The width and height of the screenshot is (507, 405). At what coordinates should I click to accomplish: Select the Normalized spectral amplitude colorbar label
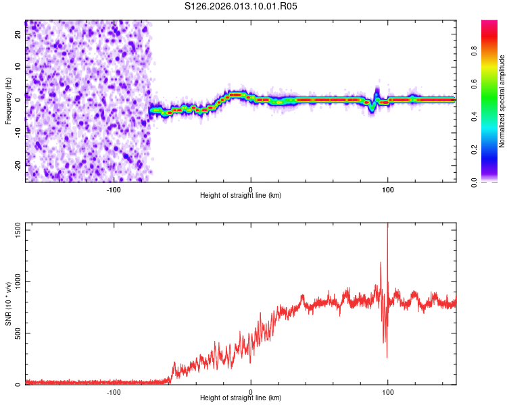click(502, 101)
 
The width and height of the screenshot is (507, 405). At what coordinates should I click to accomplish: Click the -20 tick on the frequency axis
click(17, 164)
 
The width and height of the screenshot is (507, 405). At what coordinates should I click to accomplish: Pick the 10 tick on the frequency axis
click(18, 68)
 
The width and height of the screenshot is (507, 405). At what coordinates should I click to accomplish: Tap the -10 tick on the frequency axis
click(17, 132)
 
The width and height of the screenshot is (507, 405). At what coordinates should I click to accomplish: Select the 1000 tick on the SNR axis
click(14, 282)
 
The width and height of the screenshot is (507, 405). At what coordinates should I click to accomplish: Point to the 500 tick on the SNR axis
click(16, 333)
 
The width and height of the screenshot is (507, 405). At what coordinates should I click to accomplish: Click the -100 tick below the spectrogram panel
click(114, 189)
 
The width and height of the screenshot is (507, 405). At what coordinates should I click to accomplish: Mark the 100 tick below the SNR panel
click(388, 391)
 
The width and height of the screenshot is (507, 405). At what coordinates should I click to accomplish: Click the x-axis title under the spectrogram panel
click(241, 196)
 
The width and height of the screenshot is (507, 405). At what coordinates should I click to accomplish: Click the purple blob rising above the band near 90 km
click(377, 92)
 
